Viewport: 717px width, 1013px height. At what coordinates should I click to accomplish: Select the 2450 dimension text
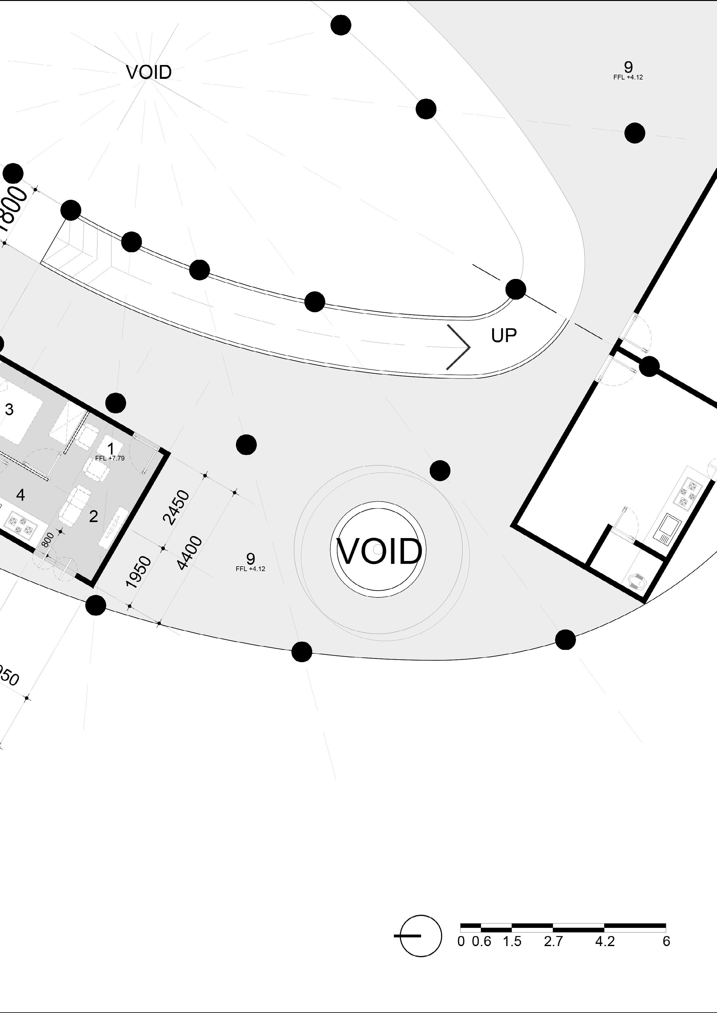176,507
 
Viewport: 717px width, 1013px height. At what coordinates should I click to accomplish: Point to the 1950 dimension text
138,572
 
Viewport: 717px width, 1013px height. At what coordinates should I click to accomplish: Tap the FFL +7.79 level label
110,458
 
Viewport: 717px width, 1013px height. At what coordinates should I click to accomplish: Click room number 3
9,409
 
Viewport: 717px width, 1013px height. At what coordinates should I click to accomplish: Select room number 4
20,495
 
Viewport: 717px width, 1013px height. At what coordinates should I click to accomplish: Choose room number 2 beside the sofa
93,516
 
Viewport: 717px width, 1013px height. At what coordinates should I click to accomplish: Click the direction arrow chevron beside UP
459,347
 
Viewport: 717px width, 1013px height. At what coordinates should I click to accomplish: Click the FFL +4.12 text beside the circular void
250,569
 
